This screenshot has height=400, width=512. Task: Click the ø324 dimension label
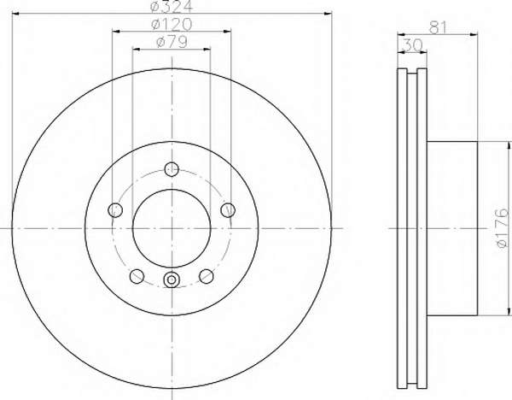click(x=172, y=6)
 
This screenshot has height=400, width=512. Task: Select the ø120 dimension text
click(x=172, y=24)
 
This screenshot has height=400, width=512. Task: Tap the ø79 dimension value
click(x=172, y=42)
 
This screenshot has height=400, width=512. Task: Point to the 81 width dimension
click(x=438, y=28)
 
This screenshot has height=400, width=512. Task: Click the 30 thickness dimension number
click(x=412, y=45)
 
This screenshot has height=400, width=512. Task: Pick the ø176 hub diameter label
click(x=503, y=227)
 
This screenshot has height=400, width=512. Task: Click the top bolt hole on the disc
click(x=172, y=169)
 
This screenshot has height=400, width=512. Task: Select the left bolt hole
click(x=115, y=209)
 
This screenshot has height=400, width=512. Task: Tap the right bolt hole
click(x=228, y=209)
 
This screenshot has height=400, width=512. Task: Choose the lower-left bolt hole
click(x=137, y=276)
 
